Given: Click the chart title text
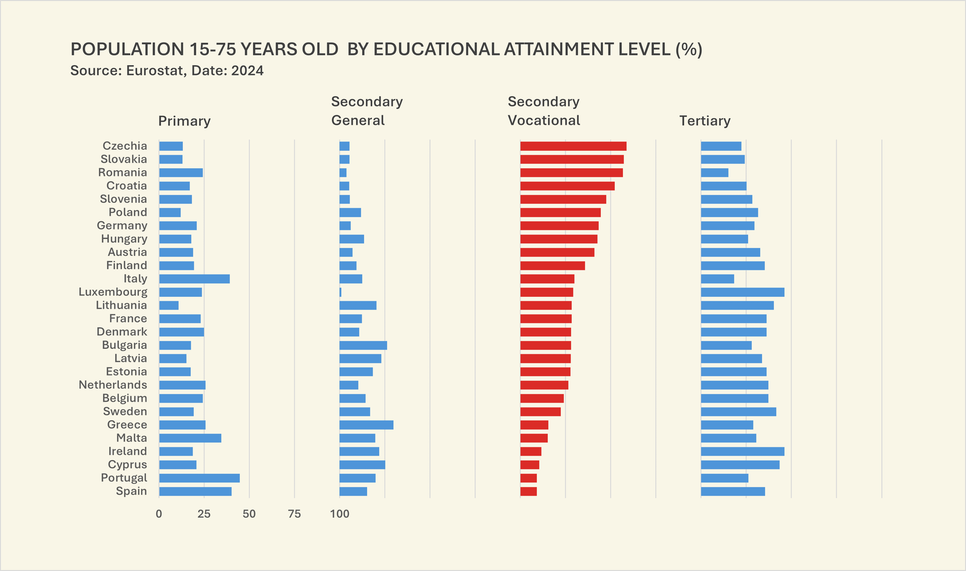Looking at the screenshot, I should [386, 49].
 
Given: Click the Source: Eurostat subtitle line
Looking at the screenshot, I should [167, 71].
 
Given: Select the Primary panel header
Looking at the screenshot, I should [184, 121].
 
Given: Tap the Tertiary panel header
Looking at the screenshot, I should [705, 121].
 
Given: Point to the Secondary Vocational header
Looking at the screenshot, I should [543, 111].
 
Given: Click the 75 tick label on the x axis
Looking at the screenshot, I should [294, 514].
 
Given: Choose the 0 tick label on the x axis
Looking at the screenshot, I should [159, 514].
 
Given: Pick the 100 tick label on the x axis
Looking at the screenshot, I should [339, 514].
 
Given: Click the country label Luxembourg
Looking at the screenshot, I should [113, 292].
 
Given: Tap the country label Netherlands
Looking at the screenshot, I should [113, 385].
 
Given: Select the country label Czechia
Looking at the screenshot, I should [125, 146].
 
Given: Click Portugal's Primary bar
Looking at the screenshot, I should [199, 478].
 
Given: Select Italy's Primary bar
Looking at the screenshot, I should [194, 279].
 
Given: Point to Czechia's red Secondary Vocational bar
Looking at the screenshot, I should [573, 146].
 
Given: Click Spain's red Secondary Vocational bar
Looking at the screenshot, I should [528, 491].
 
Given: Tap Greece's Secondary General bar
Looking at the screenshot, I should [366, 425].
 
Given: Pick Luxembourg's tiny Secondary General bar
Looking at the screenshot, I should [341, 292].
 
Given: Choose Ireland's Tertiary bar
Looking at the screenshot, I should [743, 451].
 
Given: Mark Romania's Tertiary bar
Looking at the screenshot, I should [714, 173].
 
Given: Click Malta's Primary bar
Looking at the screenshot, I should [190, 438].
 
